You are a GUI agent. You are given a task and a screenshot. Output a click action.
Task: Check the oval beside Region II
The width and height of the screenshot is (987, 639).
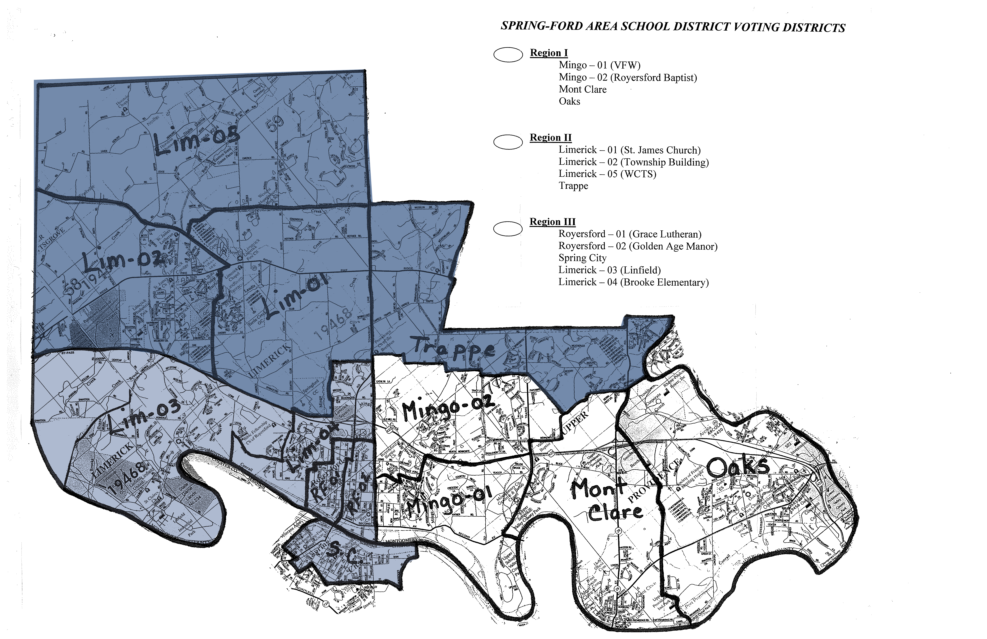pyautogui.click(x=508, y=142)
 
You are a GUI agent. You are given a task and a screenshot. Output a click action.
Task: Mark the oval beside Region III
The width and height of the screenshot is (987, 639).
pyautogui.click(x=508, y=228)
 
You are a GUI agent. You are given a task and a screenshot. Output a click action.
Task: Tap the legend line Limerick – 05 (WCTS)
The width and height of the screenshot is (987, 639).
pyautogui.click(x=607, y=174)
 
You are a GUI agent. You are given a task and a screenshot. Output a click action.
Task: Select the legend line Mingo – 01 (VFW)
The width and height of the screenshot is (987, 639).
pyautogui.click(x=599, y=65)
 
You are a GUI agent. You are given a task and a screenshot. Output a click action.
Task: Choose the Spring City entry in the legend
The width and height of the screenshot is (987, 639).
pyautogui.click(x=582, y=258)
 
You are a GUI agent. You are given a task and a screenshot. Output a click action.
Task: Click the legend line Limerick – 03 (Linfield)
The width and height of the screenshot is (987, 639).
pyautogui.click(x=609, y=270)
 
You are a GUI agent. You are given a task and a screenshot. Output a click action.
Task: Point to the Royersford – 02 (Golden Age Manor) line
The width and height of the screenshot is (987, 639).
pyautogui.click(x=637, y=246)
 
